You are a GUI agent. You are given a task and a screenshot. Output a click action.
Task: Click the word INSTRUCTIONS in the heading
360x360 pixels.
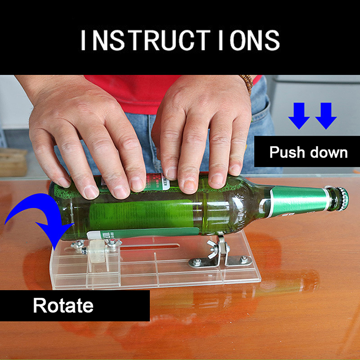click(180, 40)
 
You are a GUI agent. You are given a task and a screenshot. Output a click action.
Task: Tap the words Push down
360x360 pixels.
click(309, 152)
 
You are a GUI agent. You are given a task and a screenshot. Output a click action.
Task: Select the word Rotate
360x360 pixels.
click(63, 305)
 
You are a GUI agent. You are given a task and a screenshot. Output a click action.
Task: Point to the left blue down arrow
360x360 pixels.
click(299, 116)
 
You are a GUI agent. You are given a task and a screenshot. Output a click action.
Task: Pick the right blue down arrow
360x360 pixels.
click(326, 116)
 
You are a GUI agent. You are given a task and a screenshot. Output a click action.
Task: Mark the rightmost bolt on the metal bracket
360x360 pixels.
click(244, 259)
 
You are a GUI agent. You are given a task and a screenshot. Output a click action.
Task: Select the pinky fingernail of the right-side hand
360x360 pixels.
click(235, 169)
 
